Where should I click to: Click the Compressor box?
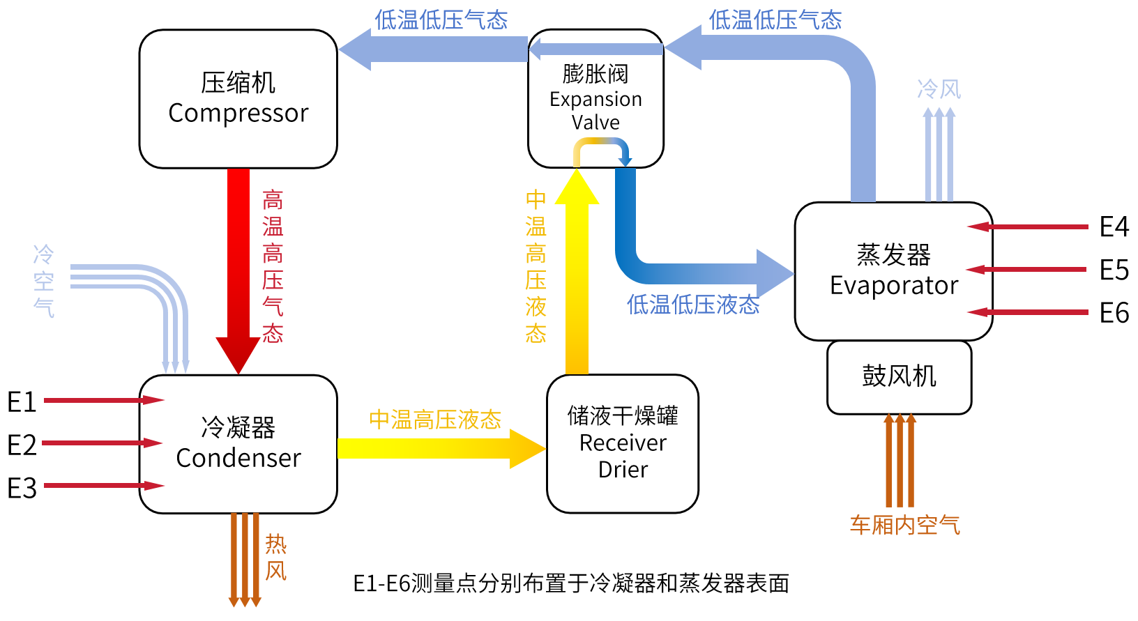click(x=238, y=99)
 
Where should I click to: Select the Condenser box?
click(x=238, y=444)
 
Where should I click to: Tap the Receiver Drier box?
click(x=623, y=444)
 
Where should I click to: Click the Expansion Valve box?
click(x=596, y=98)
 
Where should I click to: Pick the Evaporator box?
click(x=894, y=271)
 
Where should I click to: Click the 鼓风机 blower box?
click(x=900, y=377)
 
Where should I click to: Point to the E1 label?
click(x=22, y=402)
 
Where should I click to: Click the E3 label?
click(x=22, y=488)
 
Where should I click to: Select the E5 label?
click(x=1114, y=270)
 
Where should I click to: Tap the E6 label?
click(x=1114, y=312)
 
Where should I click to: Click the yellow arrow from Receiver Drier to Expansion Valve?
click(x=577, y=272)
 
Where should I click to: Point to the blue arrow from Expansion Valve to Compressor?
click(x=433, y=49)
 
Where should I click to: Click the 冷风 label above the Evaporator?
click(x=939, y=89)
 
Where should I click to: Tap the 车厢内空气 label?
click(x=905, y=525)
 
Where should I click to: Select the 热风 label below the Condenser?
click(x=276, y=557)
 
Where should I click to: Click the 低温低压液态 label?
click(x=693, y=305)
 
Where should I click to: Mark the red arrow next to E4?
click(x=1028, y=227)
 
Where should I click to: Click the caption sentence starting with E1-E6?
click(x=571, y=583)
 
